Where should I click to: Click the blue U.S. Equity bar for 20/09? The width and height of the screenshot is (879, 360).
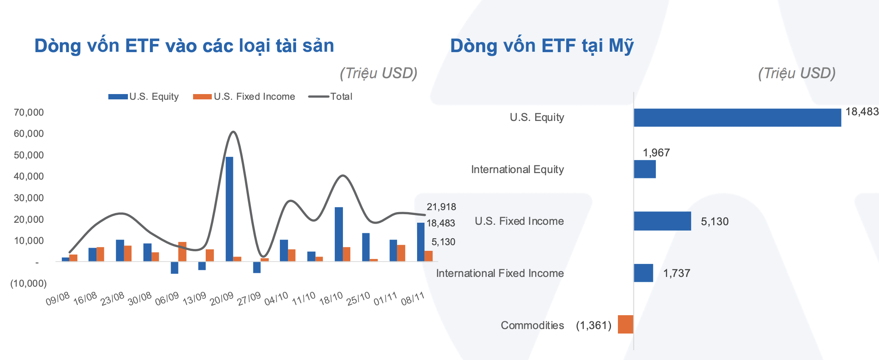[x=229, y=209]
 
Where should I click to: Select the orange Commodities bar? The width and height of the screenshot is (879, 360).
[x=626, y=325]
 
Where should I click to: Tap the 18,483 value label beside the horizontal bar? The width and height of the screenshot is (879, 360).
[x=862, y=112]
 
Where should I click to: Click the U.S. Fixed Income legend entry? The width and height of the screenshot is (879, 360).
[x=244, y=97]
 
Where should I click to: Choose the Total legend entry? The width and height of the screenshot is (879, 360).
[x=330, y=97]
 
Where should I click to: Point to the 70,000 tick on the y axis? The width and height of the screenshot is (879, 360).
[x=29, y=112]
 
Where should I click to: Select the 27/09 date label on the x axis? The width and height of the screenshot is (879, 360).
[x=249, y=299]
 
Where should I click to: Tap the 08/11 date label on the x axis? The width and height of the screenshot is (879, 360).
[x=413, y=299]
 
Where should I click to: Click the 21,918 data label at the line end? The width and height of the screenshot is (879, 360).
[x=442, y=207]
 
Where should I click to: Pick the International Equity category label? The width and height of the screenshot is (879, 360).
[x=517, y=169]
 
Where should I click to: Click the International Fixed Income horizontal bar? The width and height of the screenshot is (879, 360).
[x=644, y=273]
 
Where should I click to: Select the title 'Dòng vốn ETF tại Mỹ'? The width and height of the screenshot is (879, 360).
[x=542, y=46]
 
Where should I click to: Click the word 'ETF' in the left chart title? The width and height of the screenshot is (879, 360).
[x=142, y=46]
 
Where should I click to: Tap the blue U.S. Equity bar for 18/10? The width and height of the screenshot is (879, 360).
[x=339, y=234]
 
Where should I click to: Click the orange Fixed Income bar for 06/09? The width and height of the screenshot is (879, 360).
[x=182, y=252]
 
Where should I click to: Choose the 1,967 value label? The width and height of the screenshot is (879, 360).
[x=656, y=153]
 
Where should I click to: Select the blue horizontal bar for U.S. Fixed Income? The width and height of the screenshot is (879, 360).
[x=663, y=221]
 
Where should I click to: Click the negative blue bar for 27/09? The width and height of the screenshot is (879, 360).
[x=257, y=267]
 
